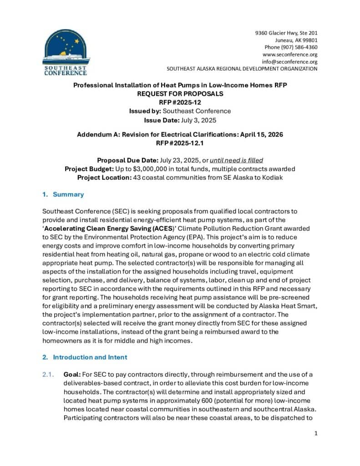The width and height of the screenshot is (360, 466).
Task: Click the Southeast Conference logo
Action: [66, 52]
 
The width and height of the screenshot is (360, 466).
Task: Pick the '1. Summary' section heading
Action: [63, 194]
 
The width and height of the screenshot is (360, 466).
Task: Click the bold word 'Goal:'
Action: [72, 374]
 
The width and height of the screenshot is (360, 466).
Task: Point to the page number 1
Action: [315, 433]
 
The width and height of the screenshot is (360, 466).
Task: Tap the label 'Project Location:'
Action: [104, 177]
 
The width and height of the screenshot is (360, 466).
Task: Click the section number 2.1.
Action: [47, 374]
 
